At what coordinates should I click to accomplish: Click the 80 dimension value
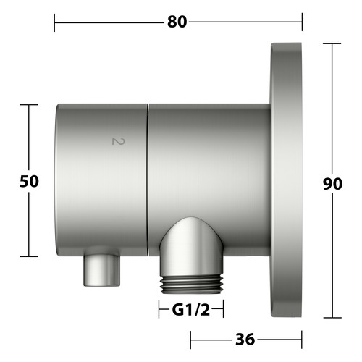[x=177, y=22]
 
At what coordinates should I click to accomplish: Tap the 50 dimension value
[x=29, y=181]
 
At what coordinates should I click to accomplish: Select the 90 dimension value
[x=332, y=184]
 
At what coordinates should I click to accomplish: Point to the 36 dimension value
[x=245, y=340]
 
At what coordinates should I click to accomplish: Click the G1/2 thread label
[x=191, y=310]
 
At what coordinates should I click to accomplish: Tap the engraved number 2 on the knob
[x=118, y=141]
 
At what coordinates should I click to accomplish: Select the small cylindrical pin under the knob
[x=101, y=270]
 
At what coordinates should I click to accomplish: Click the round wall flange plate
[x=286, y=180]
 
